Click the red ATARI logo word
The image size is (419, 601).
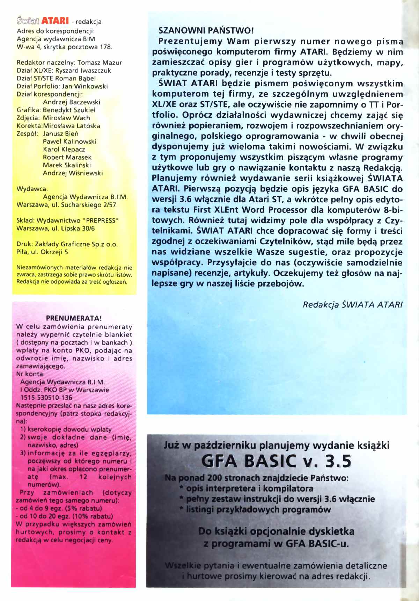(x=55, y=21)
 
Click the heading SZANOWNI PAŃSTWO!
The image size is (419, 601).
(x=206, y=30)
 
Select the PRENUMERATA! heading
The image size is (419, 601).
(x=74, y=318)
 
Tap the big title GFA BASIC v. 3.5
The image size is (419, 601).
(x=276, y=461)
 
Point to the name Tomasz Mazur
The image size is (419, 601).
(x=100, y=63)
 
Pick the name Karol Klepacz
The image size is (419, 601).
(x=64, y=149)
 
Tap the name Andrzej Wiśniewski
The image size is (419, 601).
(x=73, y=173)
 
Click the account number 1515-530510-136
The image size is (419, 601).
(x=46, y=398)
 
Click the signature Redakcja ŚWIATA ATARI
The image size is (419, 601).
(x=352, y=305)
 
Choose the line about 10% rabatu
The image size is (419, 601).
(x=64, y=516)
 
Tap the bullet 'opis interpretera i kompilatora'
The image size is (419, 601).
(x=249, y=488)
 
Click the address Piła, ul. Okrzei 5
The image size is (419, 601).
(x=42, y=252)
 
